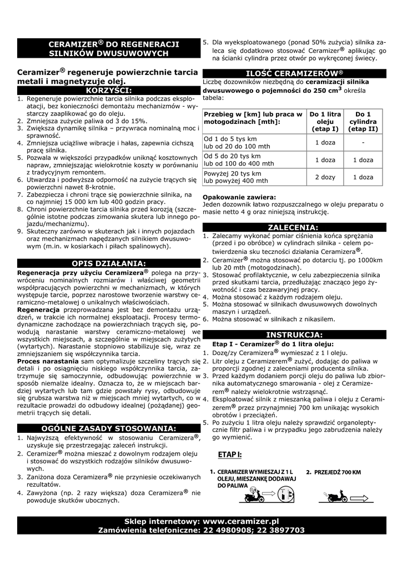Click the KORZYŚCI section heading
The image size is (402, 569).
pyautogui.click(x=109, y=89)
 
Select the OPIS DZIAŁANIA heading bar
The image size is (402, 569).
pyautogui.click(x=109, y=263)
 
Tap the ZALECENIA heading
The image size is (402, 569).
pyautogui.click(x=293, y=227)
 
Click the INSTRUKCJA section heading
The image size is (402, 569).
pyautogui.click(x=294, y=335)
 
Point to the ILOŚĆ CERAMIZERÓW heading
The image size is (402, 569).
pyautogui.click(x=294, y=73)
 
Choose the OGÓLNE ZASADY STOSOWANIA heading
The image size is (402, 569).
pyautogui.click(x=109, y=428)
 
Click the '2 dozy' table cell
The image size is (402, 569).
pyautogui.click(x=325, y=177)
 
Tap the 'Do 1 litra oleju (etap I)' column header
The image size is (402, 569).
pyautogui.click(x=325, y=121)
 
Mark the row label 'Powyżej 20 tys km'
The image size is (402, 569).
pyautogui.click(x=233, y=173)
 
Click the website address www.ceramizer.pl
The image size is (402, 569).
pyautogui.click(x=240, y=521)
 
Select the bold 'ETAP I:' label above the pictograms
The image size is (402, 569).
pyautogui.click(x=230, y=455)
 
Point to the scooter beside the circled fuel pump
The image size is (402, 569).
pyautogui.click(x=257, y=493)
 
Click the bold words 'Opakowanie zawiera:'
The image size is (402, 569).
pyautogui.click(x=239, y=197)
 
